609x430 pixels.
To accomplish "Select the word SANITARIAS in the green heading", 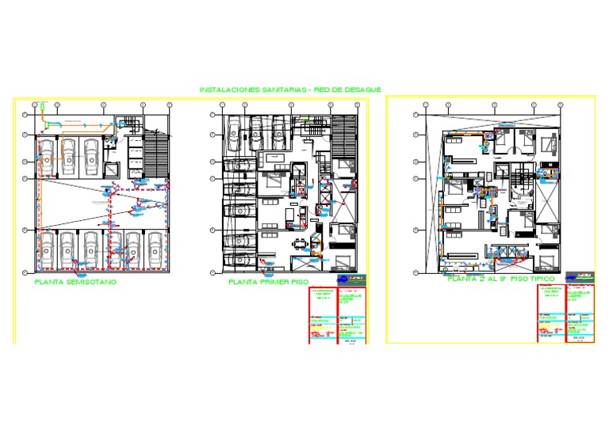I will tap(284, 90).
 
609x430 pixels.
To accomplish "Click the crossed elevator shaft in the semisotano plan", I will tap(111, 169).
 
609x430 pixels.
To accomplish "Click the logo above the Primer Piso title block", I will tap(354, 279).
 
